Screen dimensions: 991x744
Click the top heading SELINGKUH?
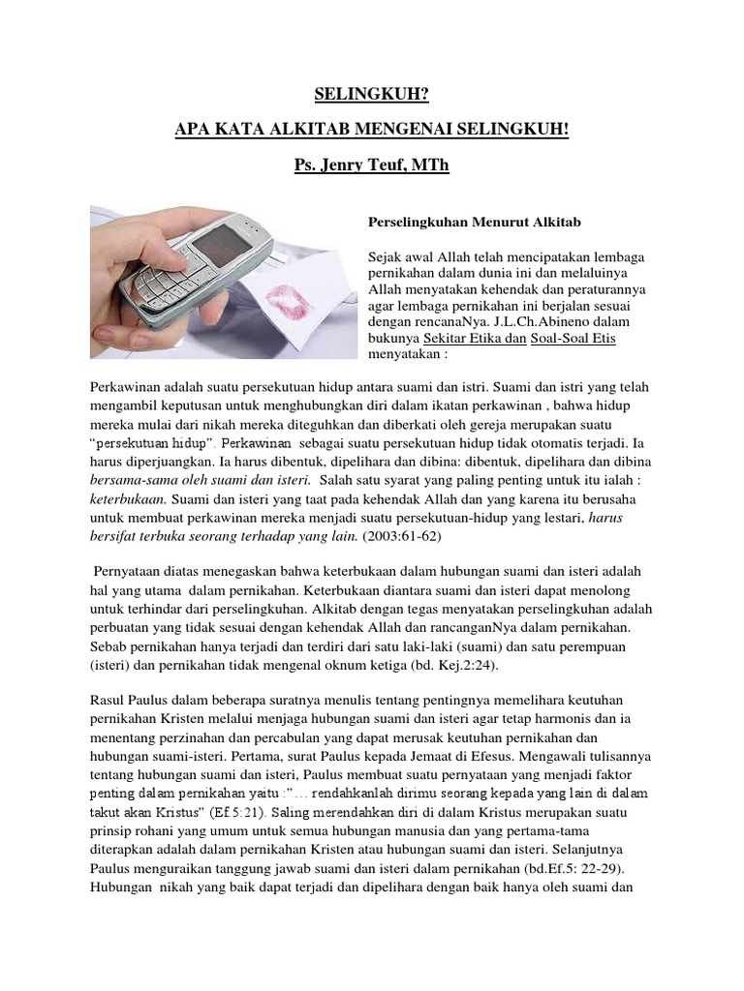click(371, 94)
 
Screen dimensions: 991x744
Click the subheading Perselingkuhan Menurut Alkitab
click(459, 223)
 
